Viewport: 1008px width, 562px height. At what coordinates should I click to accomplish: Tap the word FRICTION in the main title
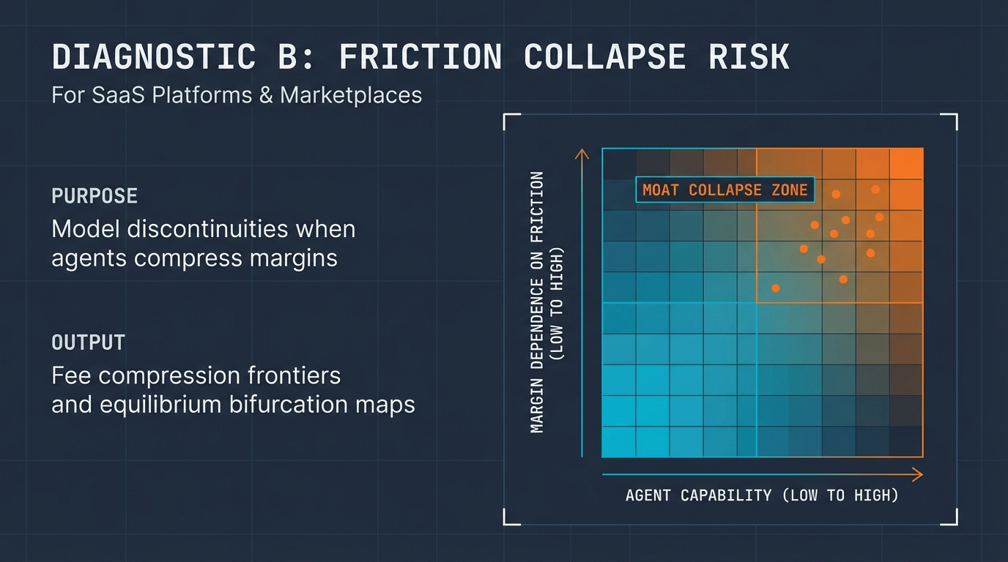(x=420, y=57)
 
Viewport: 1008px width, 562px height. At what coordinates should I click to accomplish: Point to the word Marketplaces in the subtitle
(x=351, y=95)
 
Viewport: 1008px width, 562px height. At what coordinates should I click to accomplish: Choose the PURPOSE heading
(x=94, y=196)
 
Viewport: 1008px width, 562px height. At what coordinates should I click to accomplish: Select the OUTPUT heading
(x=88, y=342)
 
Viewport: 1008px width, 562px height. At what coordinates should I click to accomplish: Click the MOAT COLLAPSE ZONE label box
(x=724, y=190)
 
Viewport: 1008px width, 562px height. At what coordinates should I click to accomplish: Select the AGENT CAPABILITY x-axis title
(x=762, y=495)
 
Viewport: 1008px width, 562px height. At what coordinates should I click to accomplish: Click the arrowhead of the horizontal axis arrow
(x=918, y=476)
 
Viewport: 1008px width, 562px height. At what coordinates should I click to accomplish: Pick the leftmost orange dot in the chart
(x=776, y=288)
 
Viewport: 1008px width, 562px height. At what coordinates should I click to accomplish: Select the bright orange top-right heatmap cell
(x=906, y=163)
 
